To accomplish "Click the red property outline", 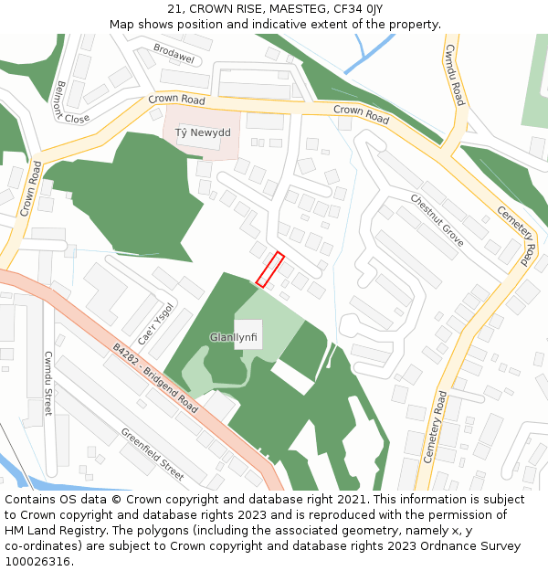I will tap(270, 270).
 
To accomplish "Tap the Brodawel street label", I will tap(174, 54).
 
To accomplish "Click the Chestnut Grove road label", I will tap(437, 220).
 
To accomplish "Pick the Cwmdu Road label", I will tap(454, 73).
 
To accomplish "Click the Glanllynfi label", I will tap(234, 337).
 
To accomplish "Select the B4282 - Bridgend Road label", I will tap(155, 377).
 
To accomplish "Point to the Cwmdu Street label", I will tap(48, 385).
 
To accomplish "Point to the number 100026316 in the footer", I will tap(37, 561).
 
